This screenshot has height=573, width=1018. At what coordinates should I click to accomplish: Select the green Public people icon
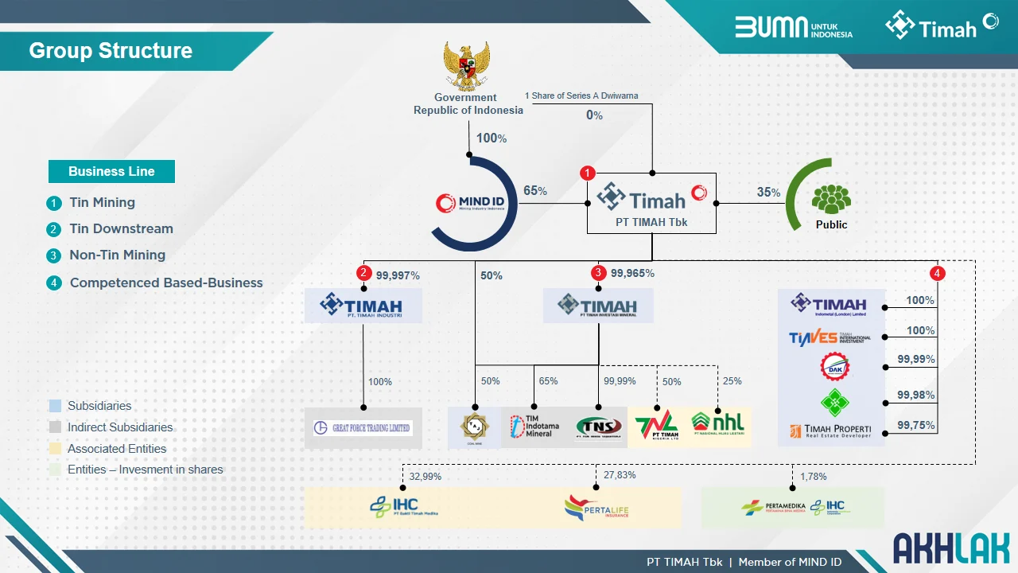(x=831, y=198)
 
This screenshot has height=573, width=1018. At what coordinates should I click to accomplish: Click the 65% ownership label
(x=534, y=191)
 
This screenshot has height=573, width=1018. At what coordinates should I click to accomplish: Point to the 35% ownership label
(x=768, y=192)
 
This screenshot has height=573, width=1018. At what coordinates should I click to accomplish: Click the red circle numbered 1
(x=588, y=173)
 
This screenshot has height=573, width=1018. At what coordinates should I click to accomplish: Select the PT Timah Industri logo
(x=363, y=306)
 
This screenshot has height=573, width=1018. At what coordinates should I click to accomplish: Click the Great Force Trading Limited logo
(x=363, y=428)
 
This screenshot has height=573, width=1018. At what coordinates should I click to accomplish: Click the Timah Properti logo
(x=830, y=431)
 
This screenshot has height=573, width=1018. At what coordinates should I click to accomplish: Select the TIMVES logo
(x=830, y=337)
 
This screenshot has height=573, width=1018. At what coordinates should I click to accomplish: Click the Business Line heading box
(x=111, y=171)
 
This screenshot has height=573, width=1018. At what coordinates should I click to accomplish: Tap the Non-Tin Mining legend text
(x=117, y=255)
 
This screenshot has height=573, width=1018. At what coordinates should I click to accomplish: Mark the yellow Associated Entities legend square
(x=55, y=449)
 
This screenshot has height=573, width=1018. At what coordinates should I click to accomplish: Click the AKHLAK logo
(x=950, y=548)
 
